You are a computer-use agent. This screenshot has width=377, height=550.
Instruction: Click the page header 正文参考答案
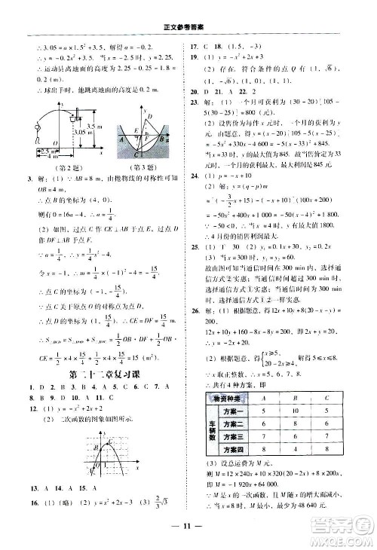[187, 9]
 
